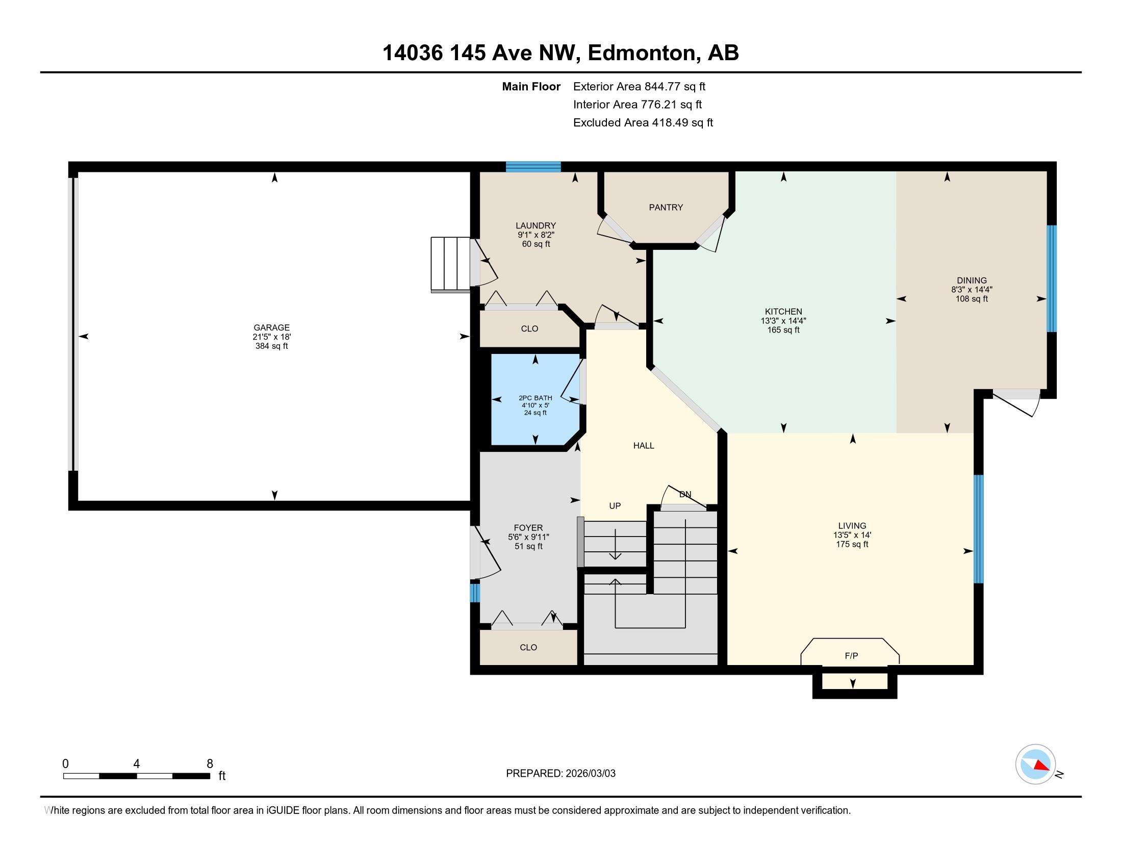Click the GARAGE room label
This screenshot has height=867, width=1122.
click(x=271, y=328)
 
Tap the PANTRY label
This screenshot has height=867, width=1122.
click(x=666, y=208)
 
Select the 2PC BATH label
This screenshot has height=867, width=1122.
click(x=535, y=398)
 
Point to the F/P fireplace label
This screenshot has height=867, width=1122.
click(x=851, y=656)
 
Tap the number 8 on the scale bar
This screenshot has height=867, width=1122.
click(x=210, y=764)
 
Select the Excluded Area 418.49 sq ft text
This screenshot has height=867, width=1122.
click(x=643, y=123)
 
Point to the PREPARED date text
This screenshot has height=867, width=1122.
click(x=560, y=774)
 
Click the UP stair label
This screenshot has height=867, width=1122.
click(x=615, y=506)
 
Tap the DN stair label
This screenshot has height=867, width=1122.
click(x=685, y=495)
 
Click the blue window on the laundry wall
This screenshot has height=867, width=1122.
click(x=533, y=166)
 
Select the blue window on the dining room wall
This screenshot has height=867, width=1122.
click(x=1052, y=278)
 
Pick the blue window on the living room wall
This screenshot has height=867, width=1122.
click(x=979, y=529)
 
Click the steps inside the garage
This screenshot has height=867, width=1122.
click(x=450, y=265)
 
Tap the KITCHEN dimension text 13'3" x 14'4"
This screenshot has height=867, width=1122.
click(x=783, y=321)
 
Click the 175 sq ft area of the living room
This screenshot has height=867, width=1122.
click(x=852, y=545)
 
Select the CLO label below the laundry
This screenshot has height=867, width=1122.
click(x=530, y=329)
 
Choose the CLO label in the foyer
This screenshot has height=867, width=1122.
click(x=528, y=648)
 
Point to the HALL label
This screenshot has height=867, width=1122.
click(x=644, y=446)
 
